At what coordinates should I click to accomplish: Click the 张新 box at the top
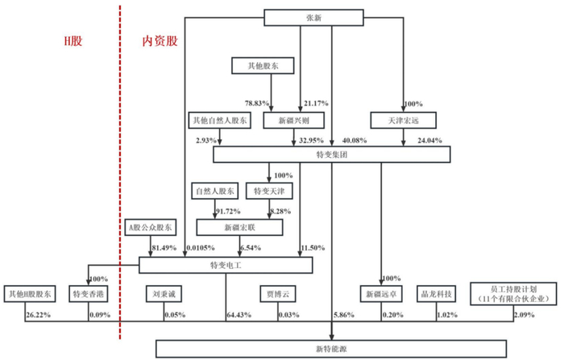click(x=331, y=18)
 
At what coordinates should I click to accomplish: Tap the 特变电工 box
click(x=225, y=264)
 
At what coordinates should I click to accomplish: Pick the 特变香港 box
click(x=90, y=294)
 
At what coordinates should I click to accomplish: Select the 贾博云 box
click(x=276, y=294)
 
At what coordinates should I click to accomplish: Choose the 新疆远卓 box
click(x=379, y=294)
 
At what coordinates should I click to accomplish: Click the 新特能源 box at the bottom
click(x=331, y=348)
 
